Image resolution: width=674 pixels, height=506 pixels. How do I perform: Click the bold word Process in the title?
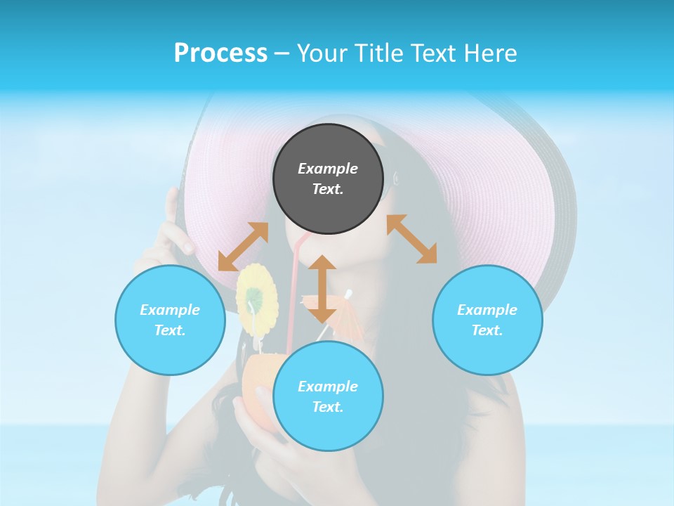point(220,53)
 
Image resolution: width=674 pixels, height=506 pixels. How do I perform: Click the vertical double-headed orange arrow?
point(322,289)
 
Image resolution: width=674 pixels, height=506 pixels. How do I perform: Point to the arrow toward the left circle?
point(243,247)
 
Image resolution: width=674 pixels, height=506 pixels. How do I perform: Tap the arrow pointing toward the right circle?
point(411,239)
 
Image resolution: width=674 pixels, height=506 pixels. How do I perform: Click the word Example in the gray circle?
point(328,169)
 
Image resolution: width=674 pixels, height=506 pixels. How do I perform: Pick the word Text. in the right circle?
point(487,330)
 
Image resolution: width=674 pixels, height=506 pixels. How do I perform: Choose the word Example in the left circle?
point(170,310)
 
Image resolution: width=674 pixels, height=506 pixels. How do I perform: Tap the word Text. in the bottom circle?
point(328,407)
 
